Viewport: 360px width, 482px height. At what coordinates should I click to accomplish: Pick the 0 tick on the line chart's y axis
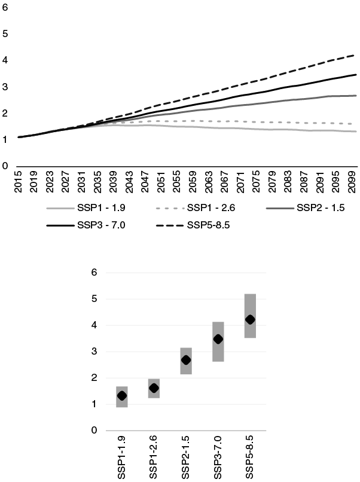click(x=5, y=166)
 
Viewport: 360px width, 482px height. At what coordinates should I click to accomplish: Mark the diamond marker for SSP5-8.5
click(x=250, y=320)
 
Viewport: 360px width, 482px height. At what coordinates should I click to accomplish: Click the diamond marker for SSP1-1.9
click(x=122, y=396)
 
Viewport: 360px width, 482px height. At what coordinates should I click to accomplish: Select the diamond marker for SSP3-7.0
click(x=218, y=339)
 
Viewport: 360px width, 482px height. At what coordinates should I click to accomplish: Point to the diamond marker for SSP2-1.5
click(x=186, y=360)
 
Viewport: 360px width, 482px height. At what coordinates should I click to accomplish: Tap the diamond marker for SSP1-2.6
click(x=154, y=388)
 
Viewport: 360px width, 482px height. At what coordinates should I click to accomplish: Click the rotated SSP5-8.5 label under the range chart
click(x=251, y=457)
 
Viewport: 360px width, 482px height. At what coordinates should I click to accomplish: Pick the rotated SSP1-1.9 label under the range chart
click(x=123, y=457)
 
